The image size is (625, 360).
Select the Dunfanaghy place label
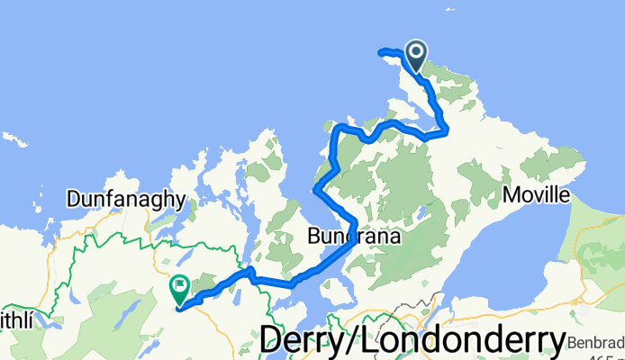pyautogui.click(x=126, y=199)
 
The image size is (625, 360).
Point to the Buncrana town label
pyautogui.click(x=348, y=236)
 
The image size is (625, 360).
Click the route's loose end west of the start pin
pyautogui.click(x=381, y=51)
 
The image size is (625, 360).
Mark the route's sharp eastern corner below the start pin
pyautogui.click(x=447, y=132)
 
